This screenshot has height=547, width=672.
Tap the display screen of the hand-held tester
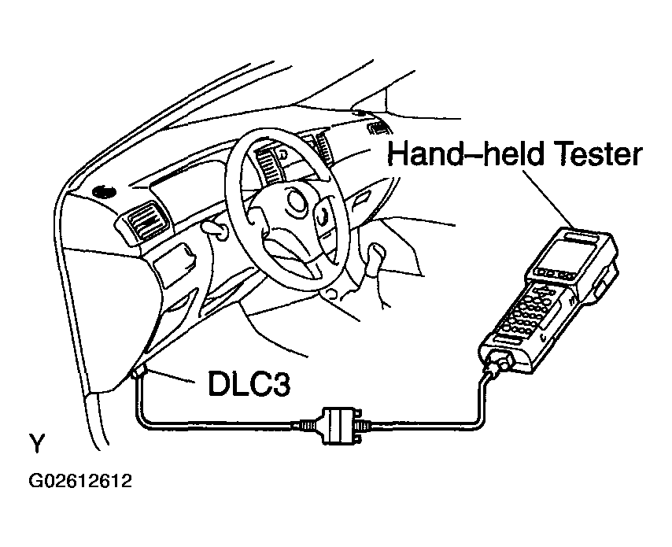click(x=564, y=257)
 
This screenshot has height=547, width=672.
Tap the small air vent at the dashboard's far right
click(x=380, y=128)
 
